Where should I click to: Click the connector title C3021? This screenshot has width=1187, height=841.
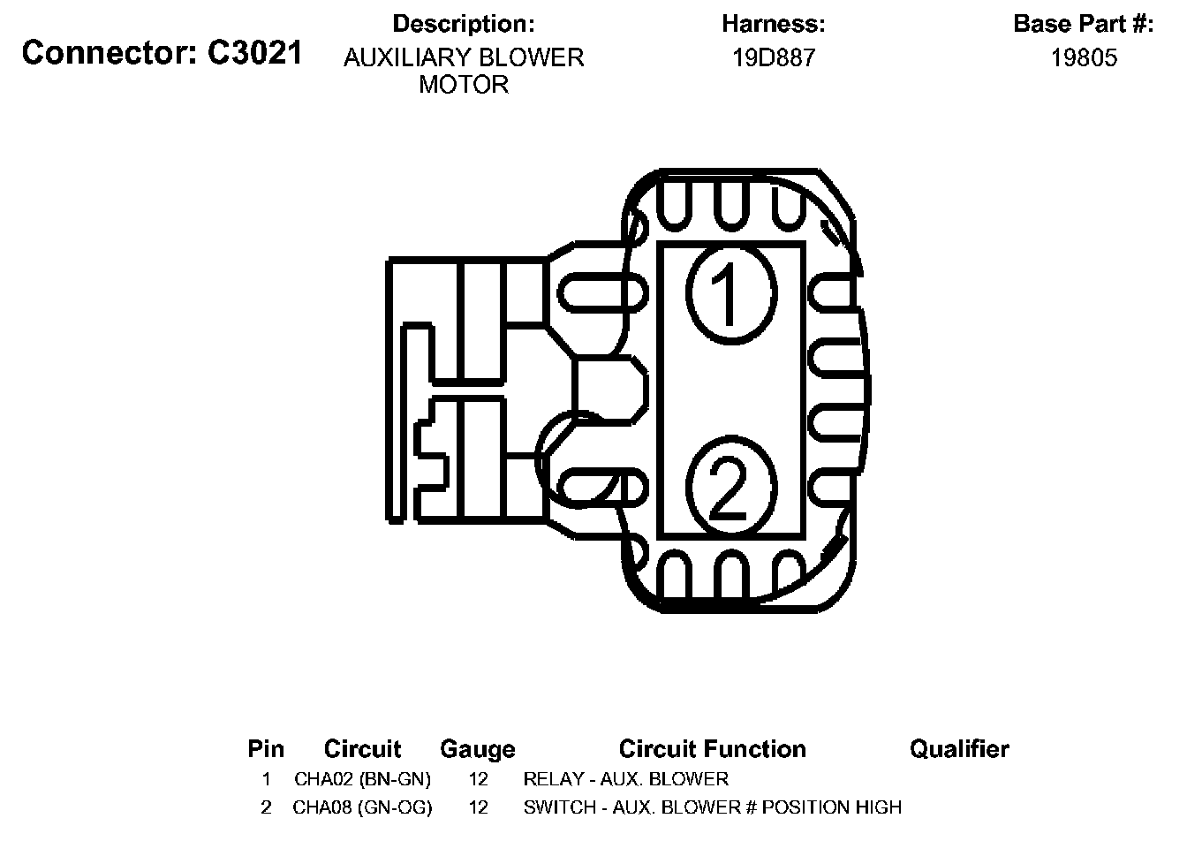tap(162, 53)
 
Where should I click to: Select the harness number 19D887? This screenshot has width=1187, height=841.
tap(774, 58)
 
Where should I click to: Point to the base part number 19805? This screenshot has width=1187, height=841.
tap(1084, 58)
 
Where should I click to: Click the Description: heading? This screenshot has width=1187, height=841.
tap(464, 24)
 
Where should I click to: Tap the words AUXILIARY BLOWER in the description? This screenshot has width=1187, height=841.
tap(464, 58)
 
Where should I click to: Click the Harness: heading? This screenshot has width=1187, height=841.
tap(774, 24)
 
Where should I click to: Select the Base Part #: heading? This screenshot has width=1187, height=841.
tap(1084, 24)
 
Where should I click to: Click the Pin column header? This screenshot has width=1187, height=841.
tap(266, 749)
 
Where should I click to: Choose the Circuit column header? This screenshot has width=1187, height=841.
tap(362, 749)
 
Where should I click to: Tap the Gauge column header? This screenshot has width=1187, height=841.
tap(478, 749)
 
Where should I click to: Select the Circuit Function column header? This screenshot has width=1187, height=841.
tap(712, 749)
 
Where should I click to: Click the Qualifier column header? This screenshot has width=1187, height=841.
tap(959, 749)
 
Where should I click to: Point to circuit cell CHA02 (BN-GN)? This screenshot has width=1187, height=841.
tap(362, 779)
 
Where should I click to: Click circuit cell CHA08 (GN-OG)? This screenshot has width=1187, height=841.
tap(362, 807)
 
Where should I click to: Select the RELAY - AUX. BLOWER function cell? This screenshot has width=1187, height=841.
tap(626, 779)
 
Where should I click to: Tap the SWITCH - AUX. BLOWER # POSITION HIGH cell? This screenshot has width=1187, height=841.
tap(713, 807)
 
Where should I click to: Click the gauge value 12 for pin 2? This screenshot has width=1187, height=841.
tap(478, 807)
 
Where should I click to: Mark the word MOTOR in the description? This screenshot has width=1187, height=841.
tap(464, 85)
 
